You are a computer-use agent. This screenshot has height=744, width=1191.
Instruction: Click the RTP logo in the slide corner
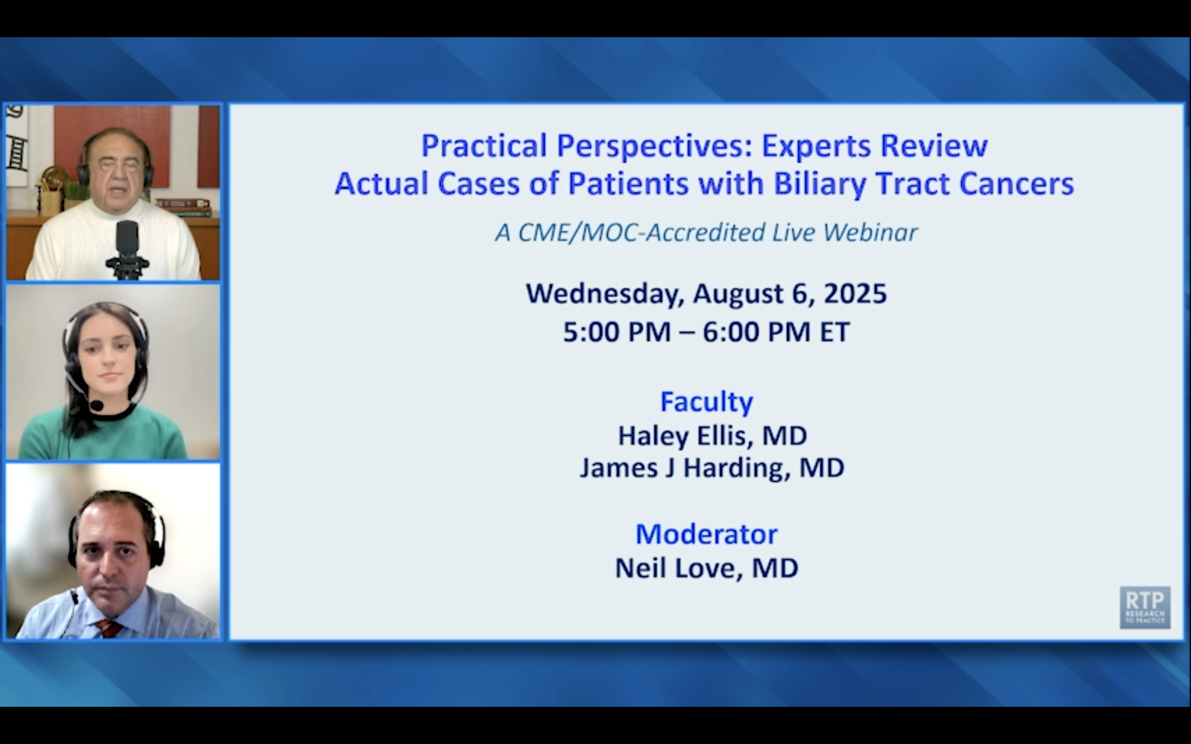pyautogui.click(x=1145, y=607)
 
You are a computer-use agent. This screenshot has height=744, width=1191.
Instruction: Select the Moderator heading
pyautogui.click(x=706, y=534)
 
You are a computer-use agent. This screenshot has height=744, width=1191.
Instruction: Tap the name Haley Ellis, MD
pyautogui.click(x=712, y=436)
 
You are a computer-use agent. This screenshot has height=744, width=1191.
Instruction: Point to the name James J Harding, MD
pyautogui.click(x=712, y=468)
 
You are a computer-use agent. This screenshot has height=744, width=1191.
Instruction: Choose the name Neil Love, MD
pyautogui.click(x=707, y=568)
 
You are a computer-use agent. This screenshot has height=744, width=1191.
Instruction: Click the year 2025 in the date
pyautogui.click(x=855, y=294)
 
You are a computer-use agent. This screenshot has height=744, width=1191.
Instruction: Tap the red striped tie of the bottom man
pyautogui.click(x=110, y=629)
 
